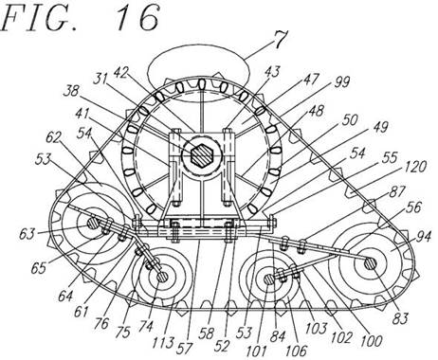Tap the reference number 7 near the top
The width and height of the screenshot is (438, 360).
click(280, 40)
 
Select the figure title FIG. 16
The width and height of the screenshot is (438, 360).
click(80, 18)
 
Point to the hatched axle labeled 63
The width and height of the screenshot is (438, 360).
click(93, 225)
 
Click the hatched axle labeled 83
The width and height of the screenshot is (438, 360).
click(370, 263)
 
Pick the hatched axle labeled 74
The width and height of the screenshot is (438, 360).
click(163, 277)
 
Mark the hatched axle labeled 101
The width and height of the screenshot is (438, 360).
click(269, 279)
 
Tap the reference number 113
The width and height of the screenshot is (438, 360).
click(163, 343)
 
